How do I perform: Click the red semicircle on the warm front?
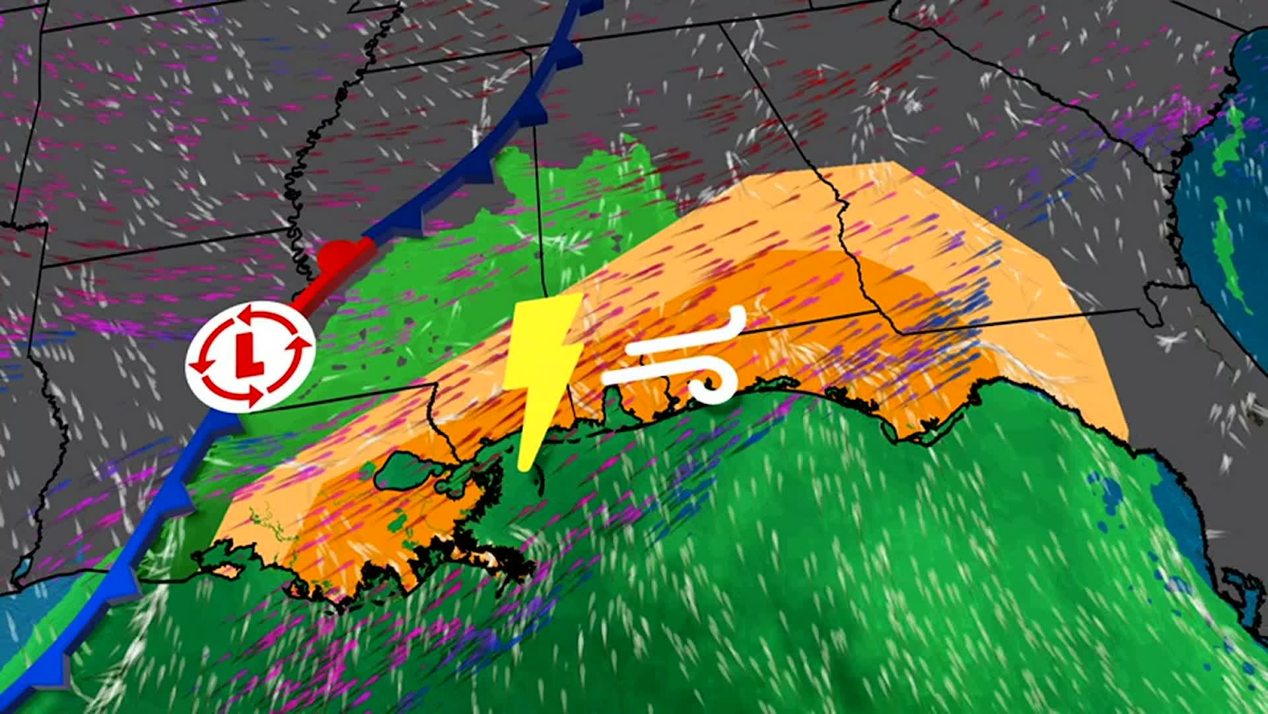click(336, 255)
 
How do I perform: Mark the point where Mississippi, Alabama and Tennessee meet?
click(532, 53)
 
